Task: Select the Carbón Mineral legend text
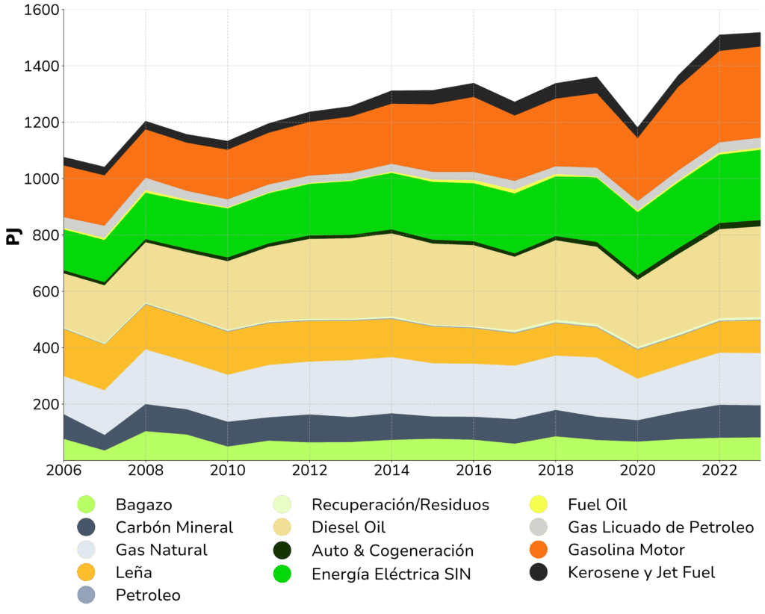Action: pyautogui.click(x=174, y=527)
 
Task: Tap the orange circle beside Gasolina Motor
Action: pyautogui.click(x=537, y=551)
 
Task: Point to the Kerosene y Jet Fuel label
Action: pyautogui.click(x=641, y=573)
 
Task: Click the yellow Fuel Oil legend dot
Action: pyautogui.click(x=537, y=505)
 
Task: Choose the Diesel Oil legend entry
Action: pyautogui.click(x=349, y=527)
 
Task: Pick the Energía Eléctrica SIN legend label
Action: pyautogui.click(x=392, y=574)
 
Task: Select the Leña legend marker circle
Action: pyautogui.click(x=87, y=573)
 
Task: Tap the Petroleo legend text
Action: pyautogui.click(x=148, y=595)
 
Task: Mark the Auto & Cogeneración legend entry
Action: pyautogui.click(x=393, y=551)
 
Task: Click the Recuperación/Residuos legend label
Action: pyautogui.click(x=400, y=505)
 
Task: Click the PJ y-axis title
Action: pyautogui.click(x=13, y=236)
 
